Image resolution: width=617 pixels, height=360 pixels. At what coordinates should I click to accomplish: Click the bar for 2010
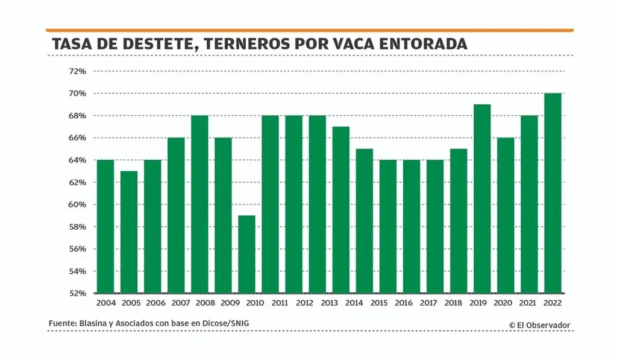247,254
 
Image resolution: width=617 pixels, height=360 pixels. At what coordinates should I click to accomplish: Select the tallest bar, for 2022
553,193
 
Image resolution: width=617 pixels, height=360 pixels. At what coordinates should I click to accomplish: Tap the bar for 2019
482,199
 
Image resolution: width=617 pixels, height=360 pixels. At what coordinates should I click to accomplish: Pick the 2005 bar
129,232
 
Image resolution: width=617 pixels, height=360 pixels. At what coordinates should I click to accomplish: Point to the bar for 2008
199,204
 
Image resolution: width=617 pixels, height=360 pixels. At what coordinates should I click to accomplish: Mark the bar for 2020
506,215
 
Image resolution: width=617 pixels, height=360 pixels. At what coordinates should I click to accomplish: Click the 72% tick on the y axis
78,71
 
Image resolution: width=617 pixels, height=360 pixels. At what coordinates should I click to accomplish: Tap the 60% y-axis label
78,204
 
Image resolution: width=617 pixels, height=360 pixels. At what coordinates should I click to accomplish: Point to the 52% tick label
78,294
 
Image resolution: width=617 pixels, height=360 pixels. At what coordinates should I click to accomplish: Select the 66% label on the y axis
78,138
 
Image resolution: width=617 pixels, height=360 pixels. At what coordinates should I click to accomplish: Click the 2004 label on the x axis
105,303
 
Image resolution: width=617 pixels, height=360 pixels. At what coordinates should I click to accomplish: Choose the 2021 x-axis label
529,303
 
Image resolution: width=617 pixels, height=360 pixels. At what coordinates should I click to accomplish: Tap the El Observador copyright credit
539,325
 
